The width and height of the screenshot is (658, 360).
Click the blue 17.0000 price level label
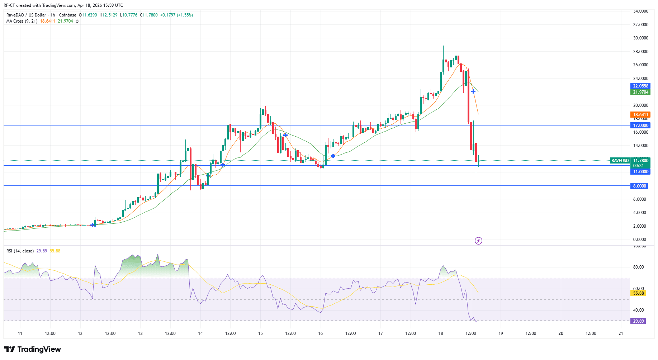[640, 125]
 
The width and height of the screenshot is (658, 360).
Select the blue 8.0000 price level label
[639, 186]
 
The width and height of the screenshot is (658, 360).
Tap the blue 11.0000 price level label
[640, 172]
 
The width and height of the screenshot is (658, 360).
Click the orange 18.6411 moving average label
[640, 115]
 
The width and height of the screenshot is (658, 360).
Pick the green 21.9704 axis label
[640, 92]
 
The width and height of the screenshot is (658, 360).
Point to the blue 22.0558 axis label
[640, 86]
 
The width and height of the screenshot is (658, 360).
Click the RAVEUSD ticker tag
[620, 161]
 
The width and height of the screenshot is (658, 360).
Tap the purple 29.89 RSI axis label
[638, 321]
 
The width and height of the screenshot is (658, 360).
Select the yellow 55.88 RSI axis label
[638, 293]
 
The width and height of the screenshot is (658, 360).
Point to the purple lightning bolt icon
[478, 241]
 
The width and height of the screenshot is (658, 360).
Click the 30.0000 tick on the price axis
[640, 38]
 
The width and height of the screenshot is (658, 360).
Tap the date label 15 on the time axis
[260, 333]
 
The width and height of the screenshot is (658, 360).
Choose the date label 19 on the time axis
[501, 333]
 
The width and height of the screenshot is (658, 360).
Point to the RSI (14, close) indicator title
[20, 251]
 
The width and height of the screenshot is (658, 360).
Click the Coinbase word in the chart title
[67, 15]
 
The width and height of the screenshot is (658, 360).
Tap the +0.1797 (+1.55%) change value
[176, 15]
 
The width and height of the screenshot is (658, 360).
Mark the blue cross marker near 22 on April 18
[473, 92]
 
